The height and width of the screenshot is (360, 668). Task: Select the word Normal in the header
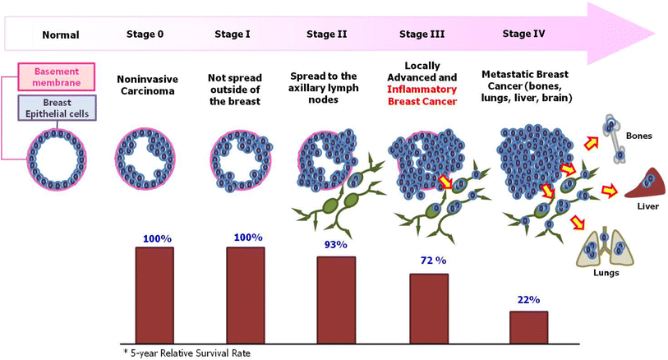[60, 35]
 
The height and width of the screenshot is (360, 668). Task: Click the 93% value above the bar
[336, 245]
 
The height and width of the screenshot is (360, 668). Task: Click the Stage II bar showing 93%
[336, 300]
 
